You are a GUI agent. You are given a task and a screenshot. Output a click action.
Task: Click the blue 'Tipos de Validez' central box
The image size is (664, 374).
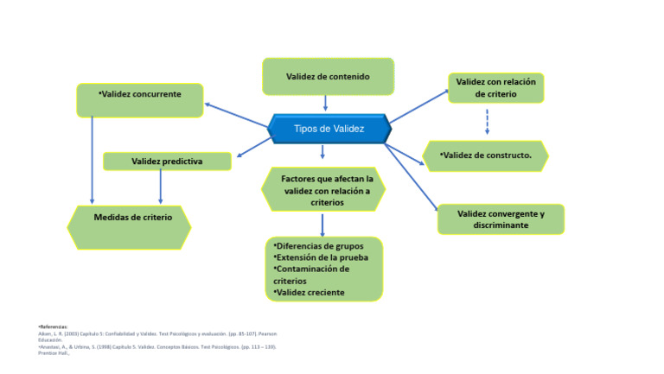click(x=329, y=129)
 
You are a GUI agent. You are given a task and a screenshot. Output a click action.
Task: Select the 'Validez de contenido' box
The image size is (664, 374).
click(x=328, y=77)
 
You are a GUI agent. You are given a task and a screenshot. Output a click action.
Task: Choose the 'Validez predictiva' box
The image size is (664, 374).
click(x=167, y=162)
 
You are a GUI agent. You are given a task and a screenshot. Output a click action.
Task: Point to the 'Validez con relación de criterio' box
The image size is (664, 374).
click(x=496, y=88)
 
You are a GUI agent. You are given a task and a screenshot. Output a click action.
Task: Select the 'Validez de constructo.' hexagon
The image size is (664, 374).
click(x=486, y=156)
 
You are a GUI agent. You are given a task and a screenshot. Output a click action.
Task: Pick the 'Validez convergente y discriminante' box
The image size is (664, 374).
click(x=501, y=219)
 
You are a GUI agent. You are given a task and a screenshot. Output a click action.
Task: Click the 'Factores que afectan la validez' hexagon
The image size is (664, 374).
click(x=322, y=190)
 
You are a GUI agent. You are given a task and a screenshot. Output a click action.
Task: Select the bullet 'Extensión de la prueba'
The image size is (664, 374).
click(x=321, y=257)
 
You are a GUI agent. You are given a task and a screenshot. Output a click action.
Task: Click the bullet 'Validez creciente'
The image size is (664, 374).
click(x=309, y=292)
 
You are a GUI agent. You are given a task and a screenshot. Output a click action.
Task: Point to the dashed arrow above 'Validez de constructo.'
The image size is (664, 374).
click(x=488, y=121)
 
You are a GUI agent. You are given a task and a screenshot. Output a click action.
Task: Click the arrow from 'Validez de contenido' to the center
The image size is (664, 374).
click(x=325, y=104)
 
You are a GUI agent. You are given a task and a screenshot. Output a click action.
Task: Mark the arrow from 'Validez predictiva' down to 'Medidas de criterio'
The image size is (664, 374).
click(x=160, y=187)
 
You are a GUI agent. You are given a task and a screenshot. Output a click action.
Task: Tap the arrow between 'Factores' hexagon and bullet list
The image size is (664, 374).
click(x=322, y=224)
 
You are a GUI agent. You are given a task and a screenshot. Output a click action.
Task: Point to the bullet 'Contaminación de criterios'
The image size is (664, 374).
click(x=311, y=275)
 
